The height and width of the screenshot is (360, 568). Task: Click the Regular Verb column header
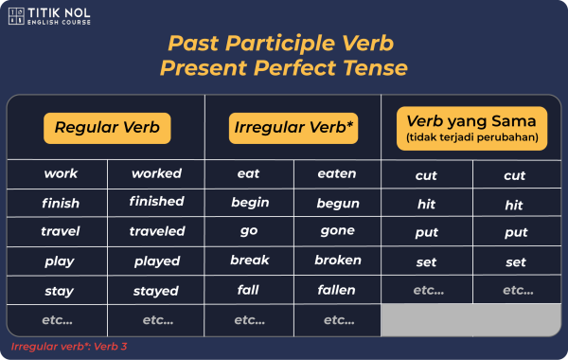[x=106, y=128]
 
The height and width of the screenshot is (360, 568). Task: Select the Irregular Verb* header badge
[x=293, y=128]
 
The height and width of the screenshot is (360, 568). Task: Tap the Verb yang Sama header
[x=470, y=127]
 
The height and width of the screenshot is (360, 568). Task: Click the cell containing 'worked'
[x=156, y=173]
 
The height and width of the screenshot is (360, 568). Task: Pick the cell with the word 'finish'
[x=61, y=203]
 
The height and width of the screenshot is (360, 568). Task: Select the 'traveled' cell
[x=156, y=231]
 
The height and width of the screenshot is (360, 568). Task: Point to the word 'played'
[x=156, y=261]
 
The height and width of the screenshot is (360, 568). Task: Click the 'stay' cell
[x=61, y=290]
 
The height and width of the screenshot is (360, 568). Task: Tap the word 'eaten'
[x=337, y=173]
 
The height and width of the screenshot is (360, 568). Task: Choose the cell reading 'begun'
[x=337, y=203]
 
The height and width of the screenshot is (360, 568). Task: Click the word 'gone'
[x=337, y=231]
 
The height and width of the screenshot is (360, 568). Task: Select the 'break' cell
[x=249, y=261]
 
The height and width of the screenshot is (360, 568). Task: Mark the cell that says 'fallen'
[x=337, y=290]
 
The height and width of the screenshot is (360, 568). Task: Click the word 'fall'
[x=249, y=290]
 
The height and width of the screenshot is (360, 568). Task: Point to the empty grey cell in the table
[x=471, y=320]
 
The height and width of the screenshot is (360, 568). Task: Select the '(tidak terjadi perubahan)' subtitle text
[x=470, y=138]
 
